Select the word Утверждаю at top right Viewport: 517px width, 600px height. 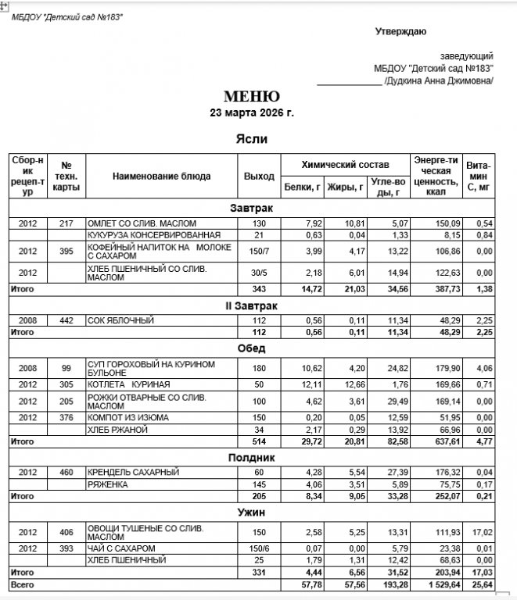400,31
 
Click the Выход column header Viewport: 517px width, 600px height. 259,176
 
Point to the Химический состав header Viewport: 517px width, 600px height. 345,165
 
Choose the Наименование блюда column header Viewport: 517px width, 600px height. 161,176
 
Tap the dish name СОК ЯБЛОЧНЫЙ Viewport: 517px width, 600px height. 121,320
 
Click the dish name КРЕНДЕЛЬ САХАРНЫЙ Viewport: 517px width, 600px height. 134,472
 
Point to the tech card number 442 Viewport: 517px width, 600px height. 66,320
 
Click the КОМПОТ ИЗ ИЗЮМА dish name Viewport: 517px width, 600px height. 128,417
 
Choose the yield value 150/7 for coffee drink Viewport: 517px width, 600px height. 259,251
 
